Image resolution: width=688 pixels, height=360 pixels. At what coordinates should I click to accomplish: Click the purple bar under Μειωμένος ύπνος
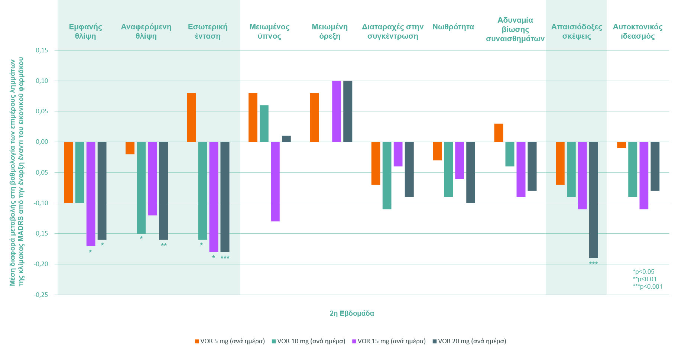tap(275, 181)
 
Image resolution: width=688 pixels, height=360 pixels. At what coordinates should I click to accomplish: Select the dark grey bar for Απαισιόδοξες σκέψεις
tap(593, 200)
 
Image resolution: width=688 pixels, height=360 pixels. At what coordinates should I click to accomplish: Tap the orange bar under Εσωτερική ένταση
tap(191, 117)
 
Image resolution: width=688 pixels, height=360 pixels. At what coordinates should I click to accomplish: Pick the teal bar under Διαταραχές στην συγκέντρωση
tap(387, 175)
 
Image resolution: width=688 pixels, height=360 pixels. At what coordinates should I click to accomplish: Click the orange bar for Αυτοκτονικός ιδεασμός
tap(621, 145)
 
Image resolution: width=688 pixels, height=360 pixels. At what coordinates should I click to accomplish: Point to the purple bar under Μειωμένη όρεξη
tap(336, 111)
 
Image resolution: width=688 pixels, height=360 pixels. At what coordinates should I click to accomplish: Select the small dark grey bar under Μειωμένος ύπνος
tap(286, 139)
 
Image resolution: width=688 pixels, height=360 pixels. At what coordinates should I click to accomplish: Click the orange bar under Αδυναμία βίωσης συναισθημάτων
tap(499, 133)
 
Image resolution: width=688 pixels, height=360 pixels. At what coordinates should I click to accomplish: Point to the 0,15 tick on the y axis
tap(42, 50)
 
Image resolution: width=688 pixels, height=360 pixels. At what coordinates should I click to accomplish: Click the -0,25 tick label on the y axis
tap(41, 295)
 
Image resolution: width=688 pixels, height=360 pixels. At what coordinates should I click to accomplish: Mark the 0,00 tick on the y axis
tap(42, 142)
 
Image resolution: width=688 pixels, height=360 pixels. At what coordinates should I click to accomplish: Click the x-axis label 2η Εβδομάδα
tap(351, 313)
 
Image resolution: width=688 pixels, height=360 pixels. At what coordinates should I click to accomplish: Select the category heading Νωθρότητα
tap(453, 27)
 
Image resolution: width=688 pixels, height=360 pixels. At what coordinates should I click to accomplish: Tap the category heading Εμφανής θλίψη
tap(85, 31)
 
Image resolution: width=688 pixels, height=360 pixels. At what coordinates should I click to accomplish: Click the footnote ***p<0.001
tap(648, 286)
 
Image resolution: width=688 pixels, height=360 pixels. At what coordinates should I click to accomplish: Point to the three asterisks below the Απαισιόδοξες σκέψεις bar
tap(593, 264)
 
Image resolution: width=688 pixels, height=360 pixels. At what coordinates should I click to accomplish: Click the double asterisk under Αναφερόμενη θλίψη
tap(163, 245)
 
